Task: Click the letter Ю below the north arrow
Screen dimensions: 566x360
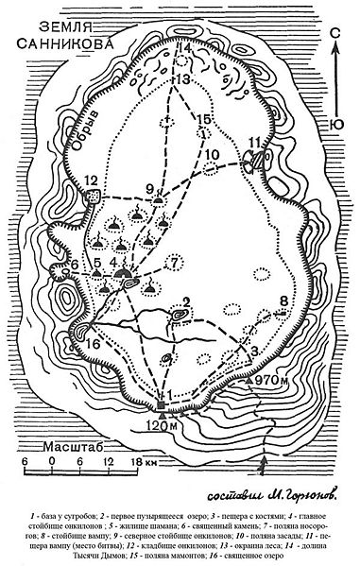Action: [336, 122]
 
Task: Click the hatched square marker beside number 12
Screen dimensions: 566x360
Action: [94, 196]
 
